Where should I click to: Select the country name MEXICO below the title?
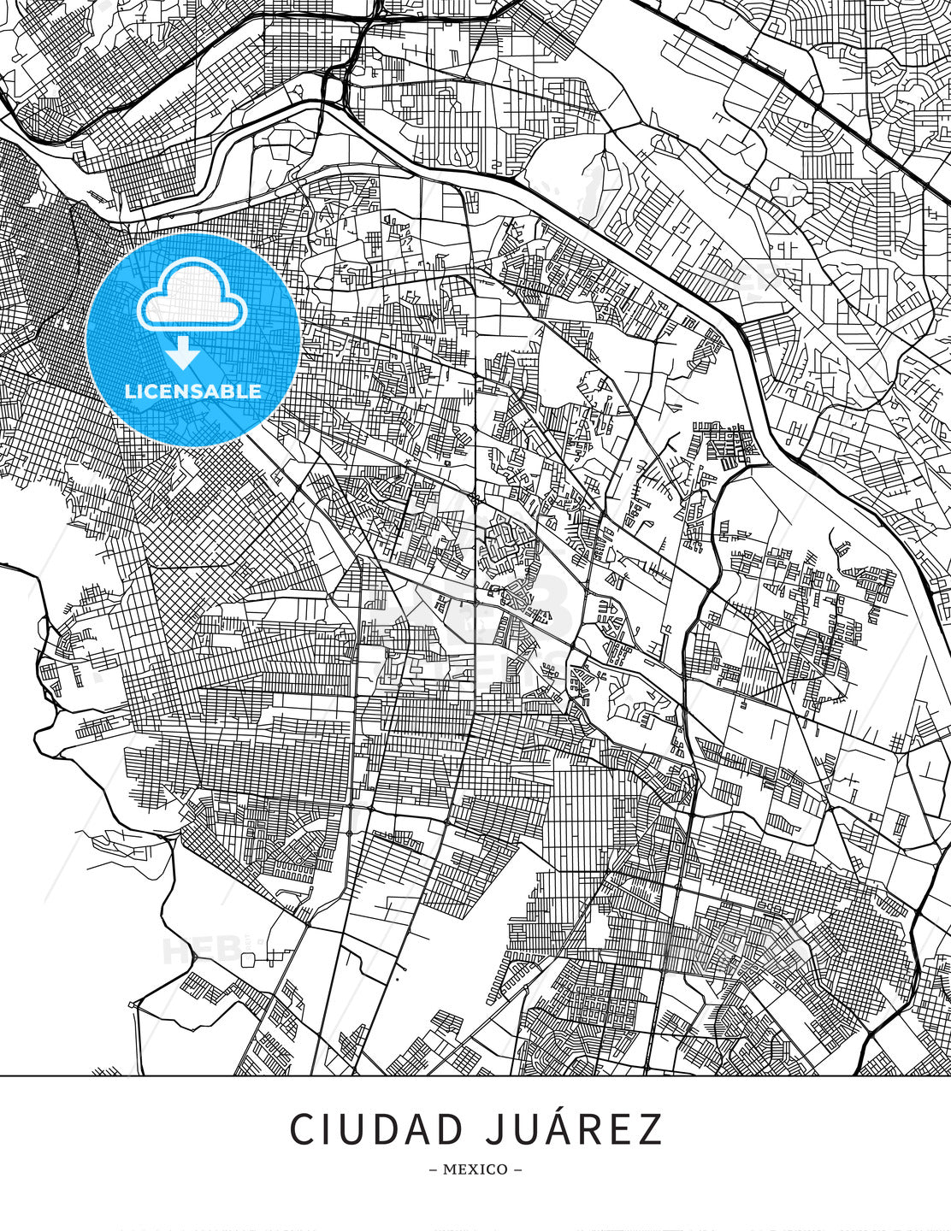pyautogui.click(x=475, y=1169)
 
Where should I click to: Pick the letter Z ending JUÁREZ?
pyautogui.click(x=651, y=1130)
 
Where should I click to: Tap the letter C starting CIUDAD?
pyautogui.click(x=302, y=1130)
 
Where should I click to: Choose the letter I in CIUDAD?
pyautogui.click(x=329, y=1130)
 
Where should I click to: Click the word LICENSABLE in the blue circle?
pyautogui.click(x=192, y=392)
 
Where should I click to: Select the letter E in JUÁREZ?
pyautogui.click(x=624, y=1130)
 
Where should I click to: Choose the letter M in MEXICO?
pyautogui.click(x=449, y=1169)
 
